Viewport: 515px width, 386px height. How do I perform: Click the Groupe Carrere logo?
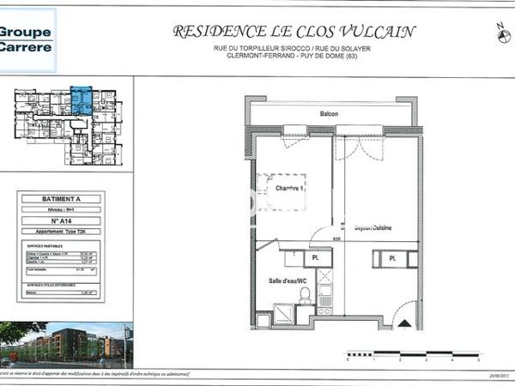(x=26, y=39)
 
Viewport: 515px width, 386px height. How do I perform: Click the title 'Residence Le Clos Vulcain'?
(x=294, y=32)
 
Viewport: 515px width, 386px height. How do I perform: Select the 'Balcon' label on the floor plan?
(x=330, y=114)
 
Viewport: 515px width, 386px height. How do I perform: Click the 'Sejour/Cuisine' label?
(x=373, y=227)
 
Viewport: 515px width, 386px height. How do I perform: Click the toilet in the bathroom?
(x=305, y=295)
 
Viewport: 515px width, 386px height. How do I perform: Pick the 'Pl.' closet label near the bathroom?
(x=315, y=256)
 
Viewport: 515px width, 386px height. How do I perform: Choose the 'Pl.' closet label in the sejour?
(x=392, y=257)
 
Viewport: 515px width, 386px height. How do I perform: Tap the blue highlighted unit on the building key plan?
(x=82, y=100)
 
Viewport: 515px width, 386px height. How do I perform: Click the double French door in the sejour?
(x=360, y=144)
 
